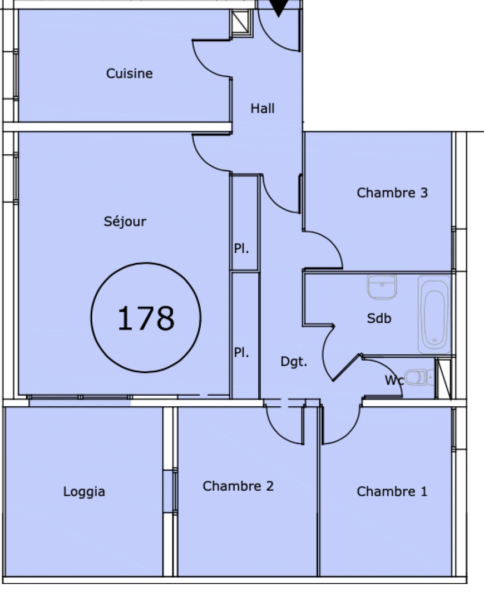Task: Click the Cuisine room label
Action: tap(129, 73)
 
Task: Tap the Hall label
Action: tap(262, 109)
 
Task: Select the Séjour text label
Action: tap(125, 221)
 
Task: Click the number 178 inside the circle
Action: tap(146, 318)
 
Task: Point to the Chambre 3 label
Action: tap(392, 193)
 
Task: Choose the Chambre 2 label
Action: tap(238, 486)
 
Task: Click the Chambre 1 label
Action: tap(392, 491)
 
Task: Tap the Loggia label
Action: tap(84, 492)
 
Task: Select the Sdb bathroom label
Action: tap(379, 318)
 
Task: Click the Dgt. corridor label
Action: tap(293, 362)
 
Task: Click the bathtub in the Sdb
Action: tap(434, 314)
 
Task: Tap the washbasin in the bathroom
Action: tap(382, 287)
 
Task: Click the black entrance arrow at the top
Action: tap(279, 7)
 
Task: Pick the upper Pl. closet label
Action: tap(241, 249)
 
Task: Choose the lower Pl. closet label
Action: tap(241, 353)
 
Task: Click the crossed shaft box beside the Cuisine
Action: tap(241, 22)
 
